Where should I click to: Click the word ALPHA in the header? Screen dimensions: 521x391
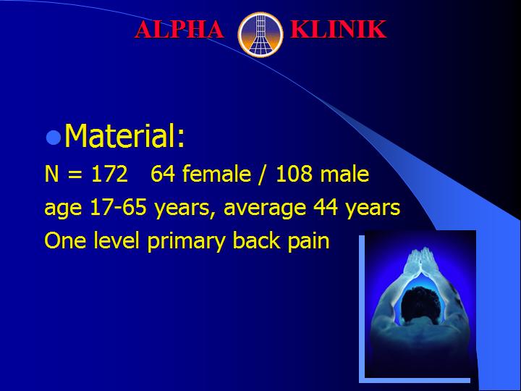[x=179, y=29]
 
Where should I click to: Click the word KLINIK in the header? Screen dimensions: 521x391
[x=338, y=29]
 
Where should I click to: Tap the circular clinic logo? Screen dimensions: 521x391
[x=260, y=35]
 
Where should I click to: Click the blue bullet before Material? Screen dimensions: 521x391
[x=53, y=138]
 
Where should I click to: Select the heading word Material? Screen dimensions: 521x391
[x=124, y=135]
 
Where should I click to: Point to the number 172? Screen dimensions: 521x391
[x=110, y=174]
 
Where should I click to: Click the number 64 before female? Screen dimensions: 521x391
[x=163, y=174]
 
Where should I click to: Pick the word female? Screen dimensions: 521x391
[x=216, y=173]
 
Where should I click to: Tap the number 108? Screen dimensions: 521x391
[x=294, y=174]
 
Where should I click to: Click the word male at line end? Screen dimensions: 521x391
[x=344, y=174]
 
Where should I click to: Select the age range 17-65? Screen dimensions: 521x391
[x=118, y=207]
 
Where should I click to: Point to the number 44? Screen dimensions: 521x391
[x=326, y=207]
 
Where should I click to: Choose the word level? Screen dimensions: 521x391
[x=117, y=240]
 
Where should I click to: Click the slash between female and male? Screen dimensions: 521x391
[x=263, y=175]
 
